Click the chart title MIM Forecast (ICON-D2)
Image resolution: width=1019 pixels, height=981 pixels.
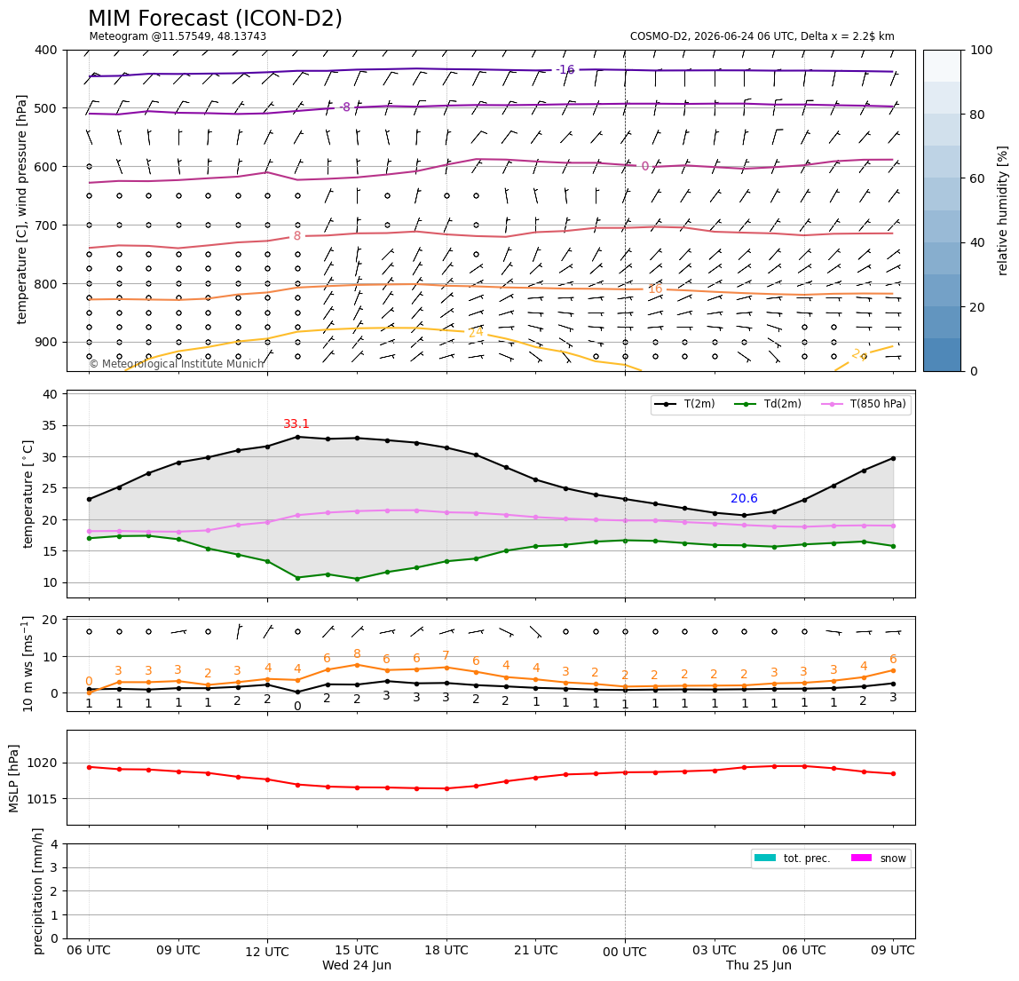pyautogui.click(x=215, y=19)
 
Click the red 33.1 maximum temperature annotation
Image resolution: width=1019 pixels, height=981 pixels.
pyautogui.click(x=296, y=423)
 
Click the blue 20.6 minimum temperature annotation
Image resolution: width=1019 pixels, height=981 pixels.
pyautogui.click(x=744, y=499)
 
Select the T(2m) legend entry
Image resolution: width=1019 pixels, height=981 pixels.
pyautogui.click(x=684, y=404)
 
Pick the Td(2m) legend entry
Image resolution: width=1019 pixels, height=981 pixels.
pyautogui.click(x=768, y=404)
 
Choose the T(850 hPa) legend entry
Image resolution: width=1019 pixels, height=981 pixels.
pyautogui.click(x=864, y=404)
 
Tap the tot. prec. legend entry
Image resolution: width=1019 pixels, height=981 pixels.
pyautogui.click(x=792, y=858)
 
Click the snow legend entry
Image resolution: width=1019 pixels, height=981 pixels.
pyautogui.click(x=879, y=858)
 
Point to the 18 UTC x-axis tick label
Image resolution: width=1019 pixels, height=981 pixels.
pyautogui.click(x=446, y=951)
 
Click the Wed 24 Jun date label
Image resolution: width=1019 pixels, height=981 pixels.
pyautogui.click(x=357, y=965)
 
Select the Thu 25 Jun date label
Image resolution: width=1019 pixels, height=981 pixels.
pyautogui.click(x=758, y=965)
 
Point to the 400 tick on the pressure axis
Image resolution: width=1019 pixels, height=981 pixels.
pyautogui.click(x=47, y=50)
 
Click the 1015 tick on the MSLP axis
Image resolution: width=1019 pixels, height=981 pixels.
pyautogui.click(x=43, y=798)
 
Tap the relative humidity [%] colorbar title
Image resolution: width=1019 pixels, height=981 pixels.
pyautogui.click(x=1003, y=211)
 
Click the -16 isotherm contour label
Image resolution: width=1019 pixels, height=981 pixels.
pyautogui.click(x=565, y=69)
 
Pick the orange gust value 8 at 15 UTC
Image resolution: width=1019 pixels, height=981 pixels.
pyautogui.click(x=357, y=654)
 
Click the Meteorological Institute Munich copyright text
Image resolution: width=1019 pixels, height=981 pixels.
pyautogui.click(x=177, y=364)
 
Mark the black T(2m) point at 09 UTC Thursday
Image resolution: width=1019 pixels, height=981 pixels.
pyautogui.click(x=893, y=458)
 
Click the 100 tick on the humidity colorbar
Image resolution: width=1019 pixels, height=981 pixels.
pyautogui.click(x=982, y=50)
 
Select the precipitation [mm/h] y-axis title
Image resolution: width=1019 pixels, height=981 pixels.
pyautogui.click(x=38, y=891)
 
